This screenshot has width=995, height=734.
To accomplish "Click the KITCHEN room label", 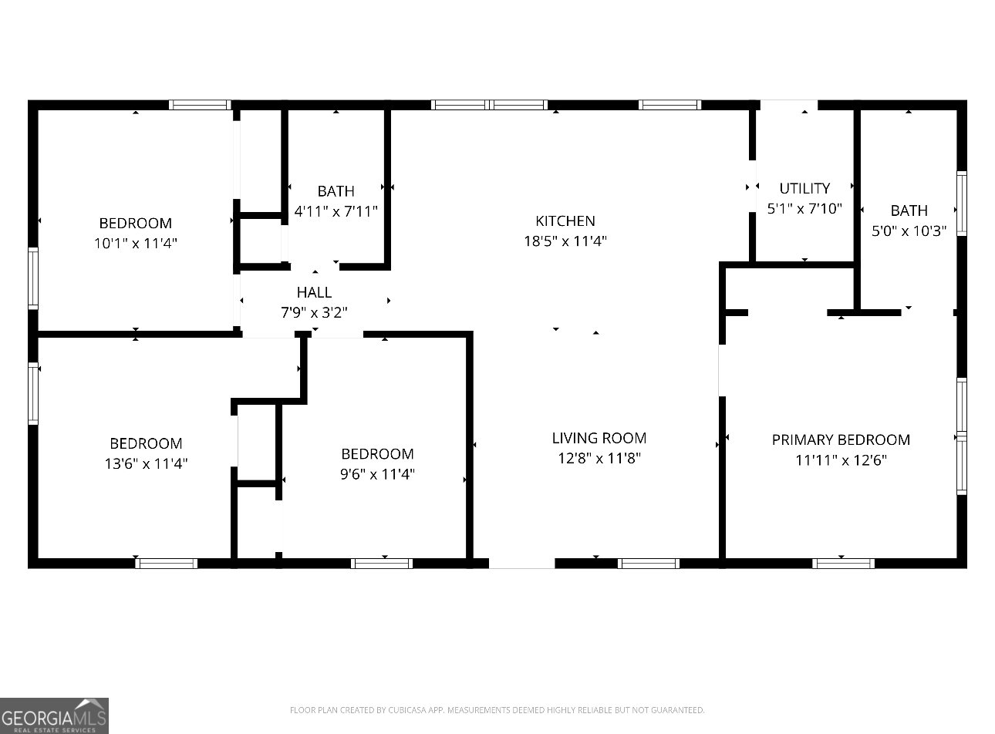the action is pos(565,221).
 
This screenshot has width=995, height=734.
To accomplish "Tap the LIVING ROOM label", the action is pos(599,438).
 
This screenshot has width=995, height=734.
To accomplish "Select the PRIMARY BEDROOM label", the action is pos(841,439).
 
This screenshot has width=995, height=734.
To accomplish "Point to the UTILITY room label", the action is pos(804,188).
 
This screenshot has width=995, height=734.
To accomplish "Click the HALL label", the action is pos(314,292).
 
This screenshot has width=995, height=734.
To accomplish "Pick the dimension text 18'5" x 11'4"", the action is pos(565,241).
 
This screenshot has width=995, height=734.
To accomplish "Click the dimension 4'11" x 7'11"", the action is pos(336,210).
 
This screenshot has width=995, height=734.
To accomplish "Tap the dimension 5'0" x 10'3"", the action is pos(909,231).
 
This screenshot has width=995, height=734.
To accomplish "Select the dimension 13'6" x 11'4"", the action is pos(146,463).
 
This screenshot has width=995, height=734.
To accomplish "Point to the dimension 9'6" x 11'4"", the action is pos(377,473).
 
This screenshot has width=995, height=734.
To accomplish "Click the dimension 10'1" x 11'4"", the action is pos(136,243).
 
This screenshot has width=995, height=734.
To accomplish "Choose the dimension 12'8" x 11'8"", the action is pos(599,458).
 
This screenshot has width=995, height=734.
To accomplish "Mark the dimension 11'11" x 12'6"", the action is pos(841,460).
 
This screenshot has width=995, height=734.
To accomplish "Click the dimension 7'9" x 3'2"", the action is pos(314,312).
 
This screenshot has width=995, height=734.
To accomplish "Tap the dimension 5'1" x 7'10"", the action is pos(804,208).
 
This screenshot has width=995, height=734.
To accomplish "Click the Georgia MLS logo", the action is pos(54,715).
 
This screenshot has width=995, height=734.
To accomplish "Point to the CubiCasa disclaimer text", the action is pos(497,710).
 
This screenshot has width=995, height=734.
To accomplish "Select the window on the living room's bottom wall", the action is pos(648,564).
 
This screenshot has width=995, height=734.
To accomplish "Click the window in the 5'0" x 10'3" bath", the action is pos(961,204).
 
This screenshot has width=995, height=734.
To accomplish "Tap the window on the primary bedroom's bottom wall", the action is pos(843,564).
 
